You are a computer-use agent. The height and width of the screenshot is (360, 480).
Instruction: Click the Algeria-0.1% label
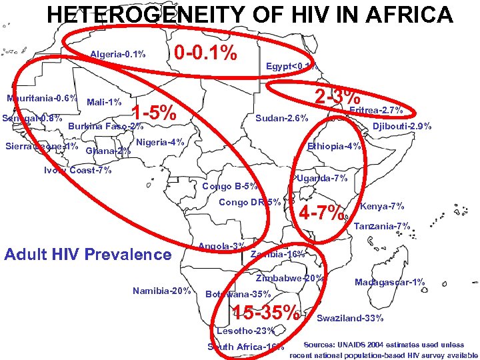pyautogui.click(x=118, y=54)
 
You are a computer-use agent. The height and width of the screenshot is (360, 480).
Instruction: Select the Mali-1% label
pyautogui.click(x=104, y=102)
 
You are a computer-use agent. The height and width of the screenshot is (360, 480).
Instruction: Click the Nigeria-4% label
pyautogui.click(x=160, y=142)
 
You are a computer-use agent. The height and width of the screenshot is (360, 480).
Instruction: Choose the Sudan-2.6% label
pyautogui.click(x=282, y=119)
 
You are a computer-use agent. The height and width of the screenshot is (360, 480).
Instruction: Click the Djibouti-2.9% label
pyautogui.click(x=402, y=126)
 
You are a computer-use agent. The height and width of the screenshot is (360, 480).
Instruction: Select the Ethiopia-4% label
pyautogui.click(x=334, y=146)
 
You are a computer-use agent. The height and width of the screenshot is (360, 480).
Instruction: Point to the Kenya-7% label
pyautogui.click(x=381, y=206)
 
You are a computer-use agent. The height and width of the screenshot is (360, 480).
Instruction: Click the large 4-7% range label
pyautogui.click(x=324, y=214)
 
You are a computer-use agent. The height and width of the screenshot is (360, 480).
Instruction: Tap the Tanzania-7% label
pyautogui.click(x=381, y=227)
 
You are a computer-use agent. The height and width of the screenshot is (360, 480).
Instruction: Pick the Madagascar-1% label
pyautogui.click(x=390, y=282)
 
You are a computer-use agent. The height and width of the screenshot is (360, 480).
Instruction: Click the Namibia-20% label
pyautogui.click(x=162, y=290)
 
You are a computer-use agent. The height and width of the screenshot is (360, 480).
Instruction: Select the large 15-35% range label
pyautogui.click(x=265, y=311)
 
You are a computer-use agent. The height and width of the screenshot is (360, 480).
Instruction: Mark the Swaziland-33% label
pyautogui.click(x=350, y=318)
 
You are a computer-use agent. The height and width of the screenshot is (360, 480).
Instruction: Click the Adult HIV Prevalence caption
pyautogui.click(x=87, y=254)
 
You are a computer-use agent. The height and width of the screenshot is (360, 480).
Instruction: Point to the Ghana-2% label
pyautogui.click(x=109, y=151)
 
